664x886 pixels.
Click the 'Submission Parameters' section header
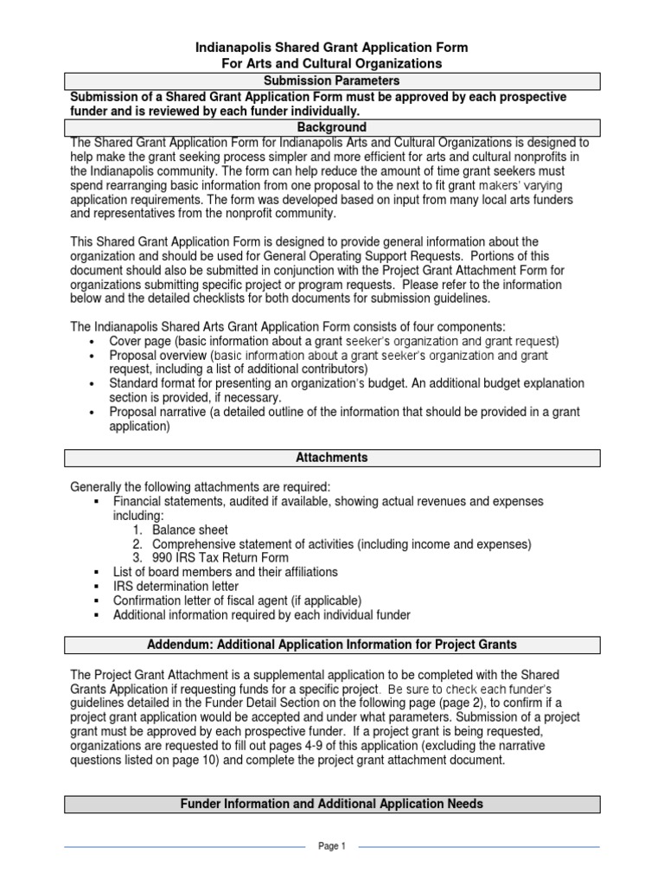pos(333,81)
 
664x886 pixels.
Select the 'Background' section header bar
pos(333,127)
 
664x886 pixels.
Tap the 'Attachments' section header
pos(333,457)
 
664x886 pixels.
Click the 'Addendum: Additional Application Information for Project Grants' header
pos(333,645)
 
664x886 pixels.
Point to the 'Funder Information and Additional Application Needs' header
pos(333,804)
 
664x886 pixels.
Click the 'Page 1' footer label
pos(332,847)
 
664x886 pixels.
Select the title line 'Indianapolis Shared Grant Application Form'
pos(333,48)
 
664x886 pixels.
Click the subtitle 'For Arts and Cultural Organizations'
pos(333,64)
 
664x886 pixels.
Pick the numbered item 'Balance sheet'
pos(190,530)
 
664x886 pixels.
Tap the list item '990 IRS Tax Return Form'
pos(220,558)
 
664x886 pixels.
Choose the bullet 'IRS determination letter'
pos(176,587)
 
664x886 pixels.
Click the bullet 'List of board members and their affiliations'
pos(225,572)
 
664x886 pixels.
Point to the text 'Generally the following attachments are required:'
pos(200,486)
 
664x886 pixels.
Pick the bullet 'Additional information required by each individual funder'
pos(261,614)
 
